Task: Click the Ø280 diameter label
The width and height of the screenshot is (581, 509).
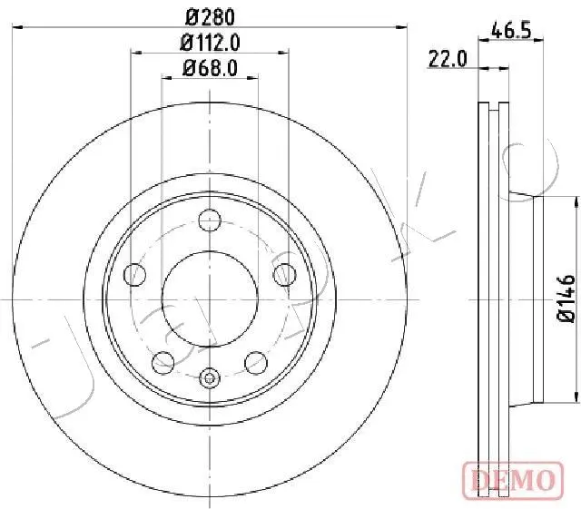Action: [210, 17]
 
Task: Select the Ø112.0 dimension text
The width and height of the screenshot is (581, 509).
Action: [210, 43]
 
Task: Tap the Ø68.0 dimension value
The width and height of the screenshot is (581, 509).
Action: [210, 68]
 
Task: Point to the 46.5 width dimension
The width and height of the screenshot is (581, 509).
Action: [511, 30]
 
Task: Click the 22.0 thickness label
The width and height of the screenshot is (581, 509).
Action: [448, 59]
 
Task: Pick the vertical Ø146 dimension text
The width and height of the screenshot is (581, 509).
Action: [566, 299]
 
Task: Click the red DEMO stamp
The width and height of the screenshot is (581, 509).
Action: [513, 481]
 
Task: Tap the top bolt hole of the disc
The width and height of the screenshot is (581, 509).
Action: [210, 220]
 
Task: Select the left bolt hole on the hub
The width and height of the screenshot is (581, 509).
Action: [135, 275]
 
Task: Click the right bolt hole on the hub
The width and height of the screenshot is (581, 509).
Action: [284, 275]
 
